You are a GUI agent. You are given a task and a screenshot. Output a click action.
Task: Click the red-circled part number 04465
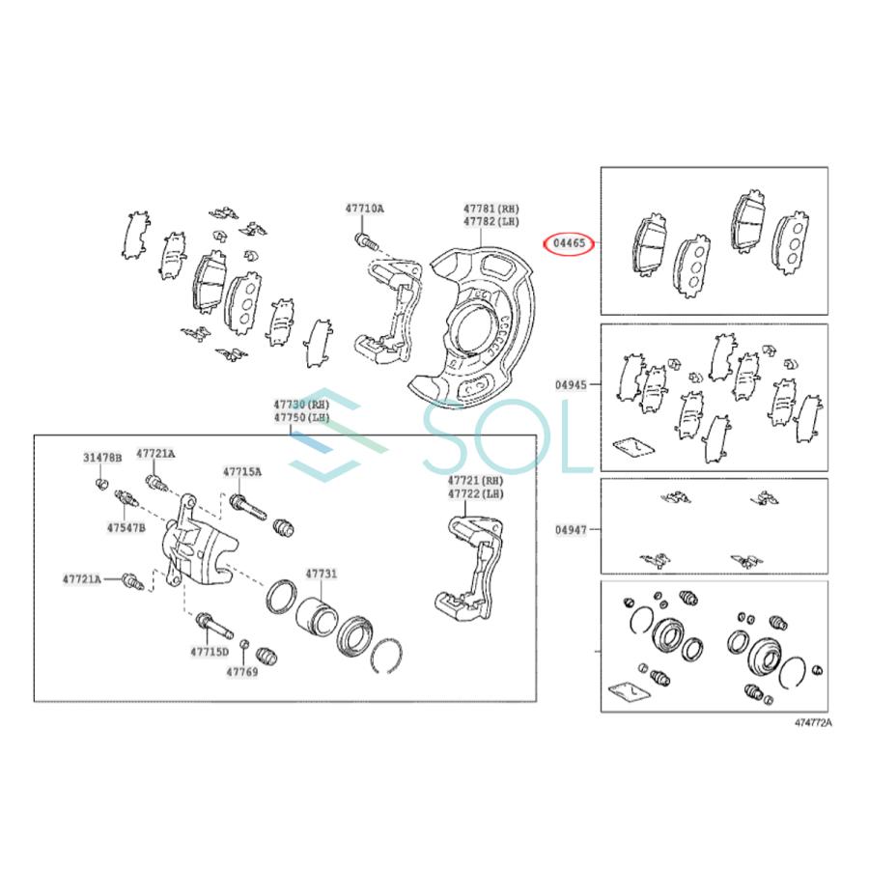568,244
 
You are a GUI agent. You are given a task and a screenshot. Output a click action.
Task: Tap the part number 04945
571,384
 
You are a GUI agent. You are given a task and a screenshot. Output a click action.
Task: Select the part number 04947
571,530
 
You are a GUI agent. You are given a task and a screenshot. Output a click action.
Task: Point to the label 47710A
364,209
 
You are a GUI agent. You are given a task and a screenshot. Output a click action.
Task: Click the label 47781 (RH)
491,209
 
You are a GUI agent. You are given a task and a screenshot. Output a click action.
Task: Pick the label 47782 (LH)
491,222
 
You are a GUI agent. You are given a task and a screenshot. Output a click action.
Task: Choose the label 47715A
241,472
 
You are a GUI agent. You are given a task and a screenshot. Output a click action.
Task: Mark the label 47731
322,574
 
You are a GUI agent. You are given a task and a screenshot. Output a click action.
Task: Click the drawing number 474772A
813,722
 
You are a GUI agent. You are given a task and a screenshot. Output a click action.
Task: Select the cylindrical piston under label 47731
314,614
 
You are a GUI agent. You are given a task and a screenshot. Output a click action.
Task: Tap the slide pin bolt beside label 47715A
247,507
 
